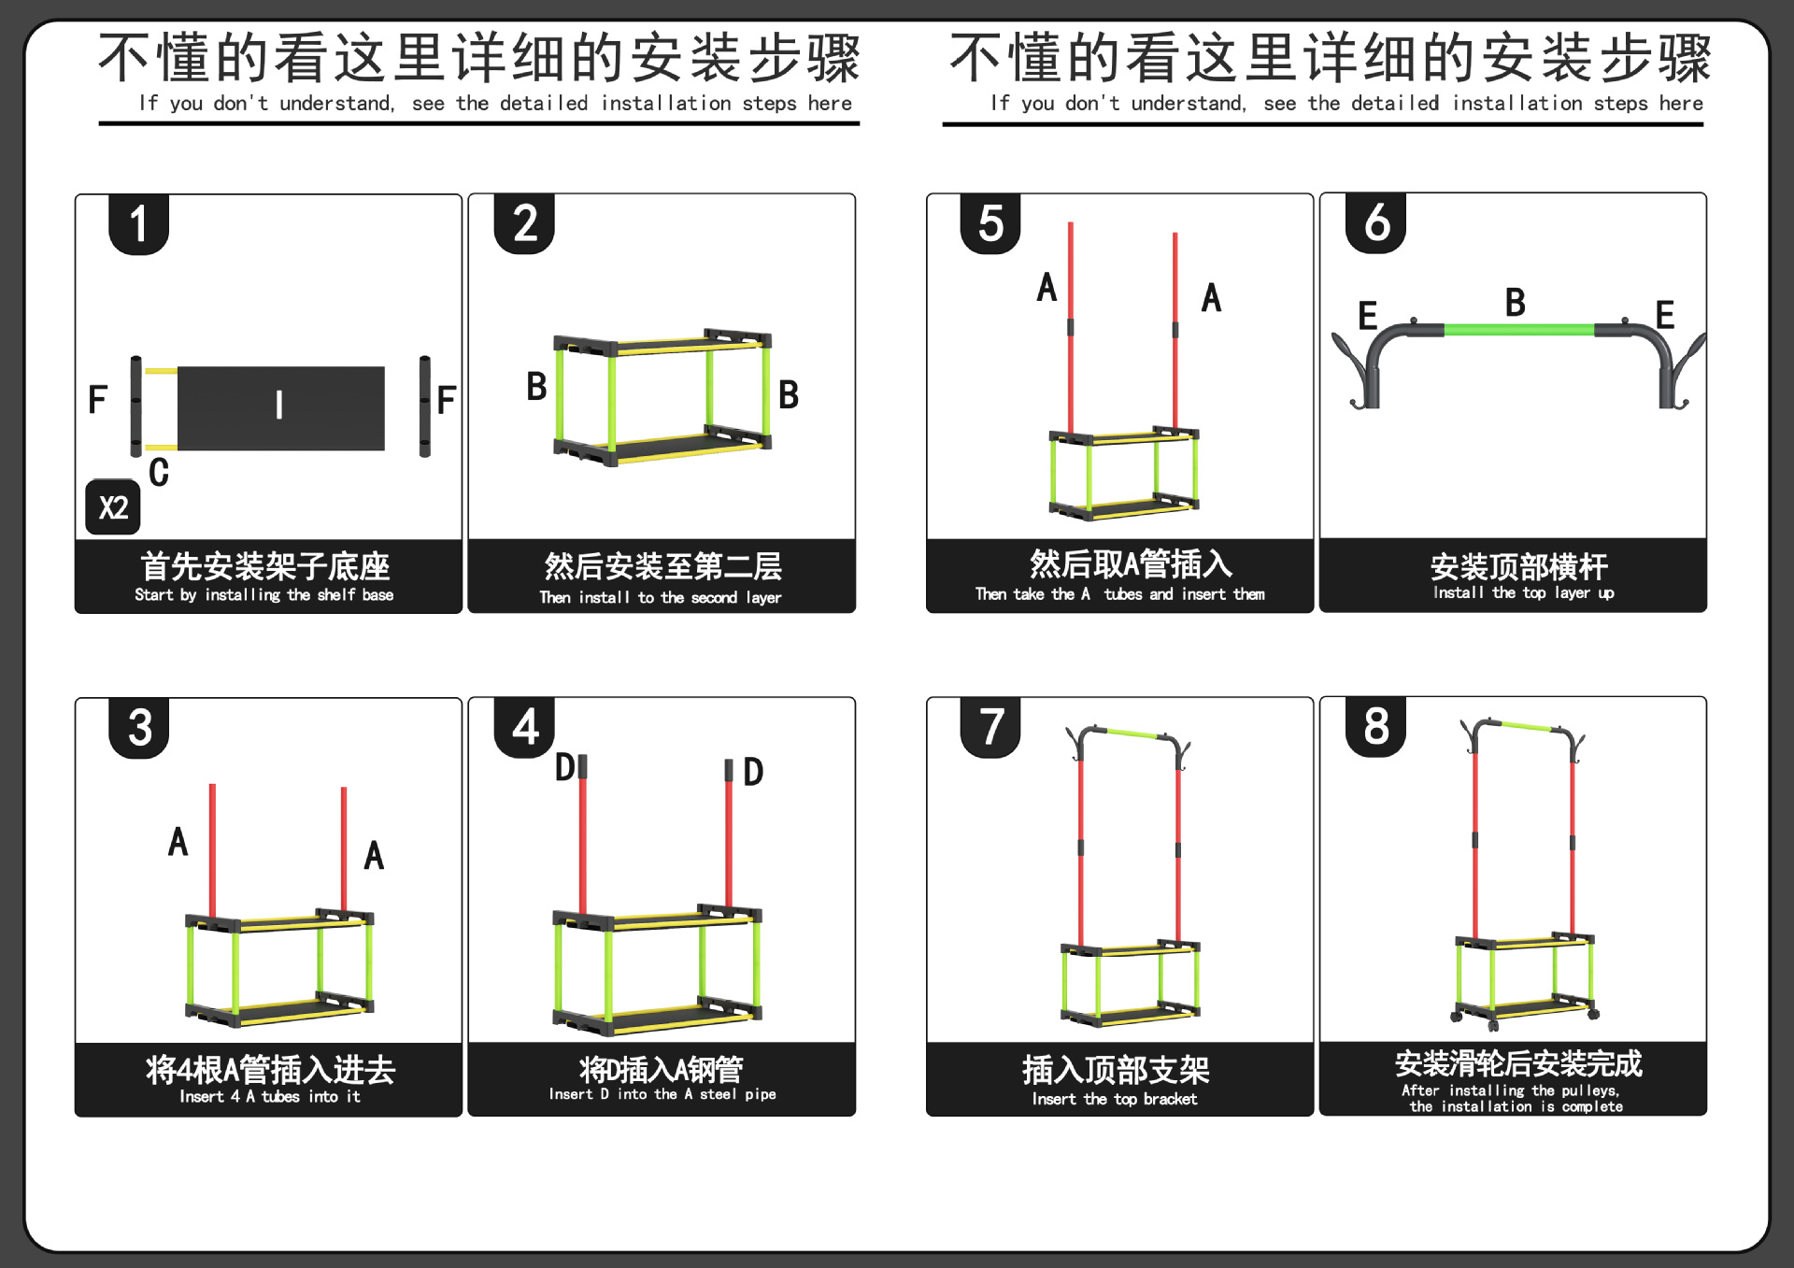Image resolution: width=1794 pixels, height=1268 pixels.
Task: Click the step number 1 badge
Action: pos(138,224)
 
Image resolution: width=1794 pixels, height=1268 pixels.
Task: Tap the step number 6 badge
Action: pos(1376,223)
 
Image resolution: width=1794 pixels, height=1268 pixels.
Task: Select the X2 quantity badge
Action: pos(113,507)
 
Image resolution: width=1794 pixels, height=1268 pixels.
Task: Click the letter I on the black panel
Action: pos(279,405)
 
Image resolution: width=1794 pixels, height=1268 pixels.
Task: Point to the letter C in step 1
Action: pos(159,472)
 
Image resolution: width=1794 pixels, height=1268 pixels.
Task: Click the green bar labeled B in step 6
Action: pos(1518,330)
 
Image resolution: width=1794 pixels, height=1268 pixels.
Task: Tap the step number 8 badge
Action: pos(1376,726)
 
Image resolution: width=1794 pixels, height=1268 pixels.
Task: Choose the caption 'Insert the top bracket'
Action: pos(1115,1099)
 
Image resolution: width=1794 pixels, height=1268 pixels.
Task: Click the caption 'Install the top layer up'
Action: pos(1523,592)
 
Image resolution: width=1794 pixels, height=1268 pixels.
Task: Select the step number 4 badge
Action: pos(525,727)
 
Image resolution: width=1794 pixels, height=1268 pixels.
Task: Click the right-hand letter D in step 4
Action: pos(753,772)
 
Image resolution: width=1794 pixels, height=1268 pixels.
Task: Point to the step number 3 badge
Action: pos(139,727)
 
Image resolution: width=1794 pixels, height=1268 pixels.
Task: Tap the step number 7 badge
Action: pos(991,727)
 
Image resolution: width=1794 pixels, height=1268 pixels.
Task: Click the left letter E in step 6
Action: pos(1367,316)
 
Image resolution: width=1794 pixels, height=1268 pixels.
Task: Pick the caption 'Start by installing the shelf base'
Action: pos(264,594)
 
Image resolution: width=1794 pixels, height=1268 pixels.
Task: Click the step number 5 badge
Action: pos(990,224)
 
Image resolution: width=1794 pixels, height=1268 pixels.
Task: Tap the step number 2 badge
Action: pos(525,224)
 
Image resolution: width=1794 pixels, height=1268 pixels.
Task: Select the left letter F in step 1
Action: pos(97,400)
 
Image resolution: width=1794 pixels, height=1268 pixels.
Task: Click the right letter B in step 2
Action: pos(789,394)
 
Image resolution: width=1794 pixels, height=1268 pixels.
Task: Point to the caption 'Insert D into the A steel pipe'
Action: pos(662,1094)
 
